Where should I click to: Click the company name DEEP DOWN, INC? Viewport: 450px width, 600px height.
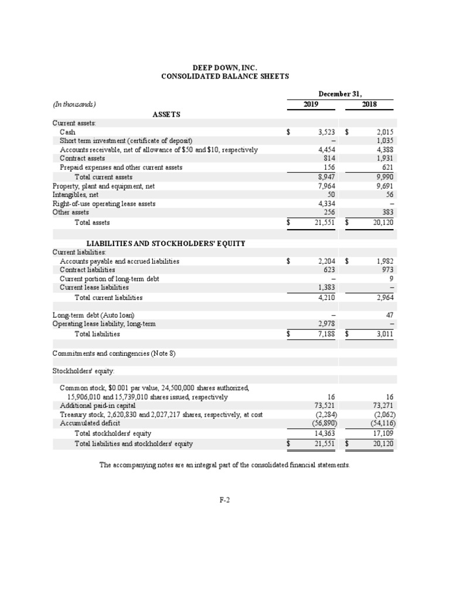pyautogui.click(x=225, y=68)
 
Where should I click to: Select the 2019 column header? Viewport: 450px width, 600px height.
pyautogui.click(x=311, y=104)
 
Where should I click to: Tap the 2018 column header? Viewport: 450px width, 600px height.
pyautogui.click(x=369, y=104)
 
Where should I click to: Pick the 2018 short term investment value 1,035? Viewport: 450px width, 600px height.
pyautogui.click(x=384, y=141)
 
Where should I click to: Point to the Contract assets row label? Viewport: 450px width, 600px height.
pyautogui.click(x=83, y=158)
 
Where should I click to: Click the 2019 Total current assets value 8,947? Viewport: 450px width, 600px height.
pyautogui.click(x=325, y=177)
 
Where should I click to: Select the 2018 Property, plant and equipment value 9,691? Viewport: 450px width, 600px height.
pyautogui.click(x=384, y=186)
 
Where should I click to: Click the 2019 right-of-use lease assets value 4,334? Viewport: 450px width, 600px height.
pyautogui.click(x=325, y=204)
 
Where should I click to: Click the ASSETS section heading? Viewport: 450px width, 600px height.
pyautogui.click(x=166, y=114)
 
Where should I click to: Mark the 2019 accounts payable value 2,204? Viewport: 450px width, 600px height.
pyautogui.click(x=325, y=261)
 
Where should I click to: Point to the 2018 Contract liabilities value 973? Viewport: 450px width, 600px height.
pyautogui.click(x=387, y=270)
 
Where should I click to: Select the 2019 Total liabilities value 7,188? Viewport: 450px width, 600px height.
pyautogui.click(x=325, y=334)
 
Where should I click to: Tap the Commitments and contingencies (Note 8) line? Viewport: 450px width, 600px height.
pyautogui.click(x=114, y=353)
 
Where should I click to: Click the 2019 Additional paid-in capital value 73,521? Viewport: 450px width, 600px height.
pyautogui.click(x=324, y=405)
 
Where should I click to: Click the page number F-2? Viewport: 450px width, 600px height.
pyautogui.click(x=225, y=500)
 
